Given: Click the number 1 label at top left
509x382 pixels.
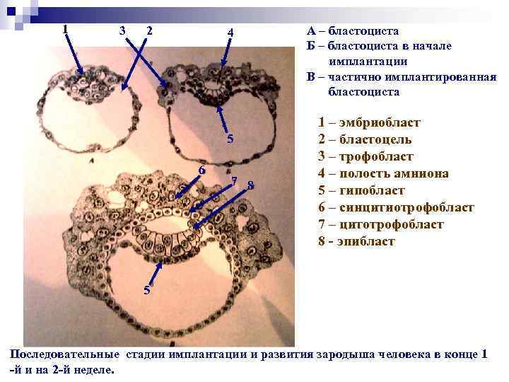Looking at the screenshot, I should pyautogui.click(x=65, y=28).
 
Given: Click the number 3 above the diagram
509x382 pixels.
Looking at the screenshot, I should pyautogui.click(x=122, y=31).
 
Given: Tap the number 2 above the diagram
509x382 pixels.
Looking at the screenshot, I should pyautogui.click(x=149, y=31).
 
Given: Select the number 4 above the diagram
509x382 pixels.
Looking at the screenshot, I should pyautogui.click(x=230, y=33).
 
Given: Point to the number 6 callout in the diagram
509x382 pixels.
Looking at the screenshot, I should pyautogui.click(x=202, y=170).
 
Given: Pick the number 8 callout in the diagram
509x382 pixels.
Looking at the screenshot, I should pyautogui.click(x=250, y=186).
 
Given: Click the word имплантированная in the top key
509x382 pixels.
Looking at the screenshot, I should pyautogui.click(x=438, y=77).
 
